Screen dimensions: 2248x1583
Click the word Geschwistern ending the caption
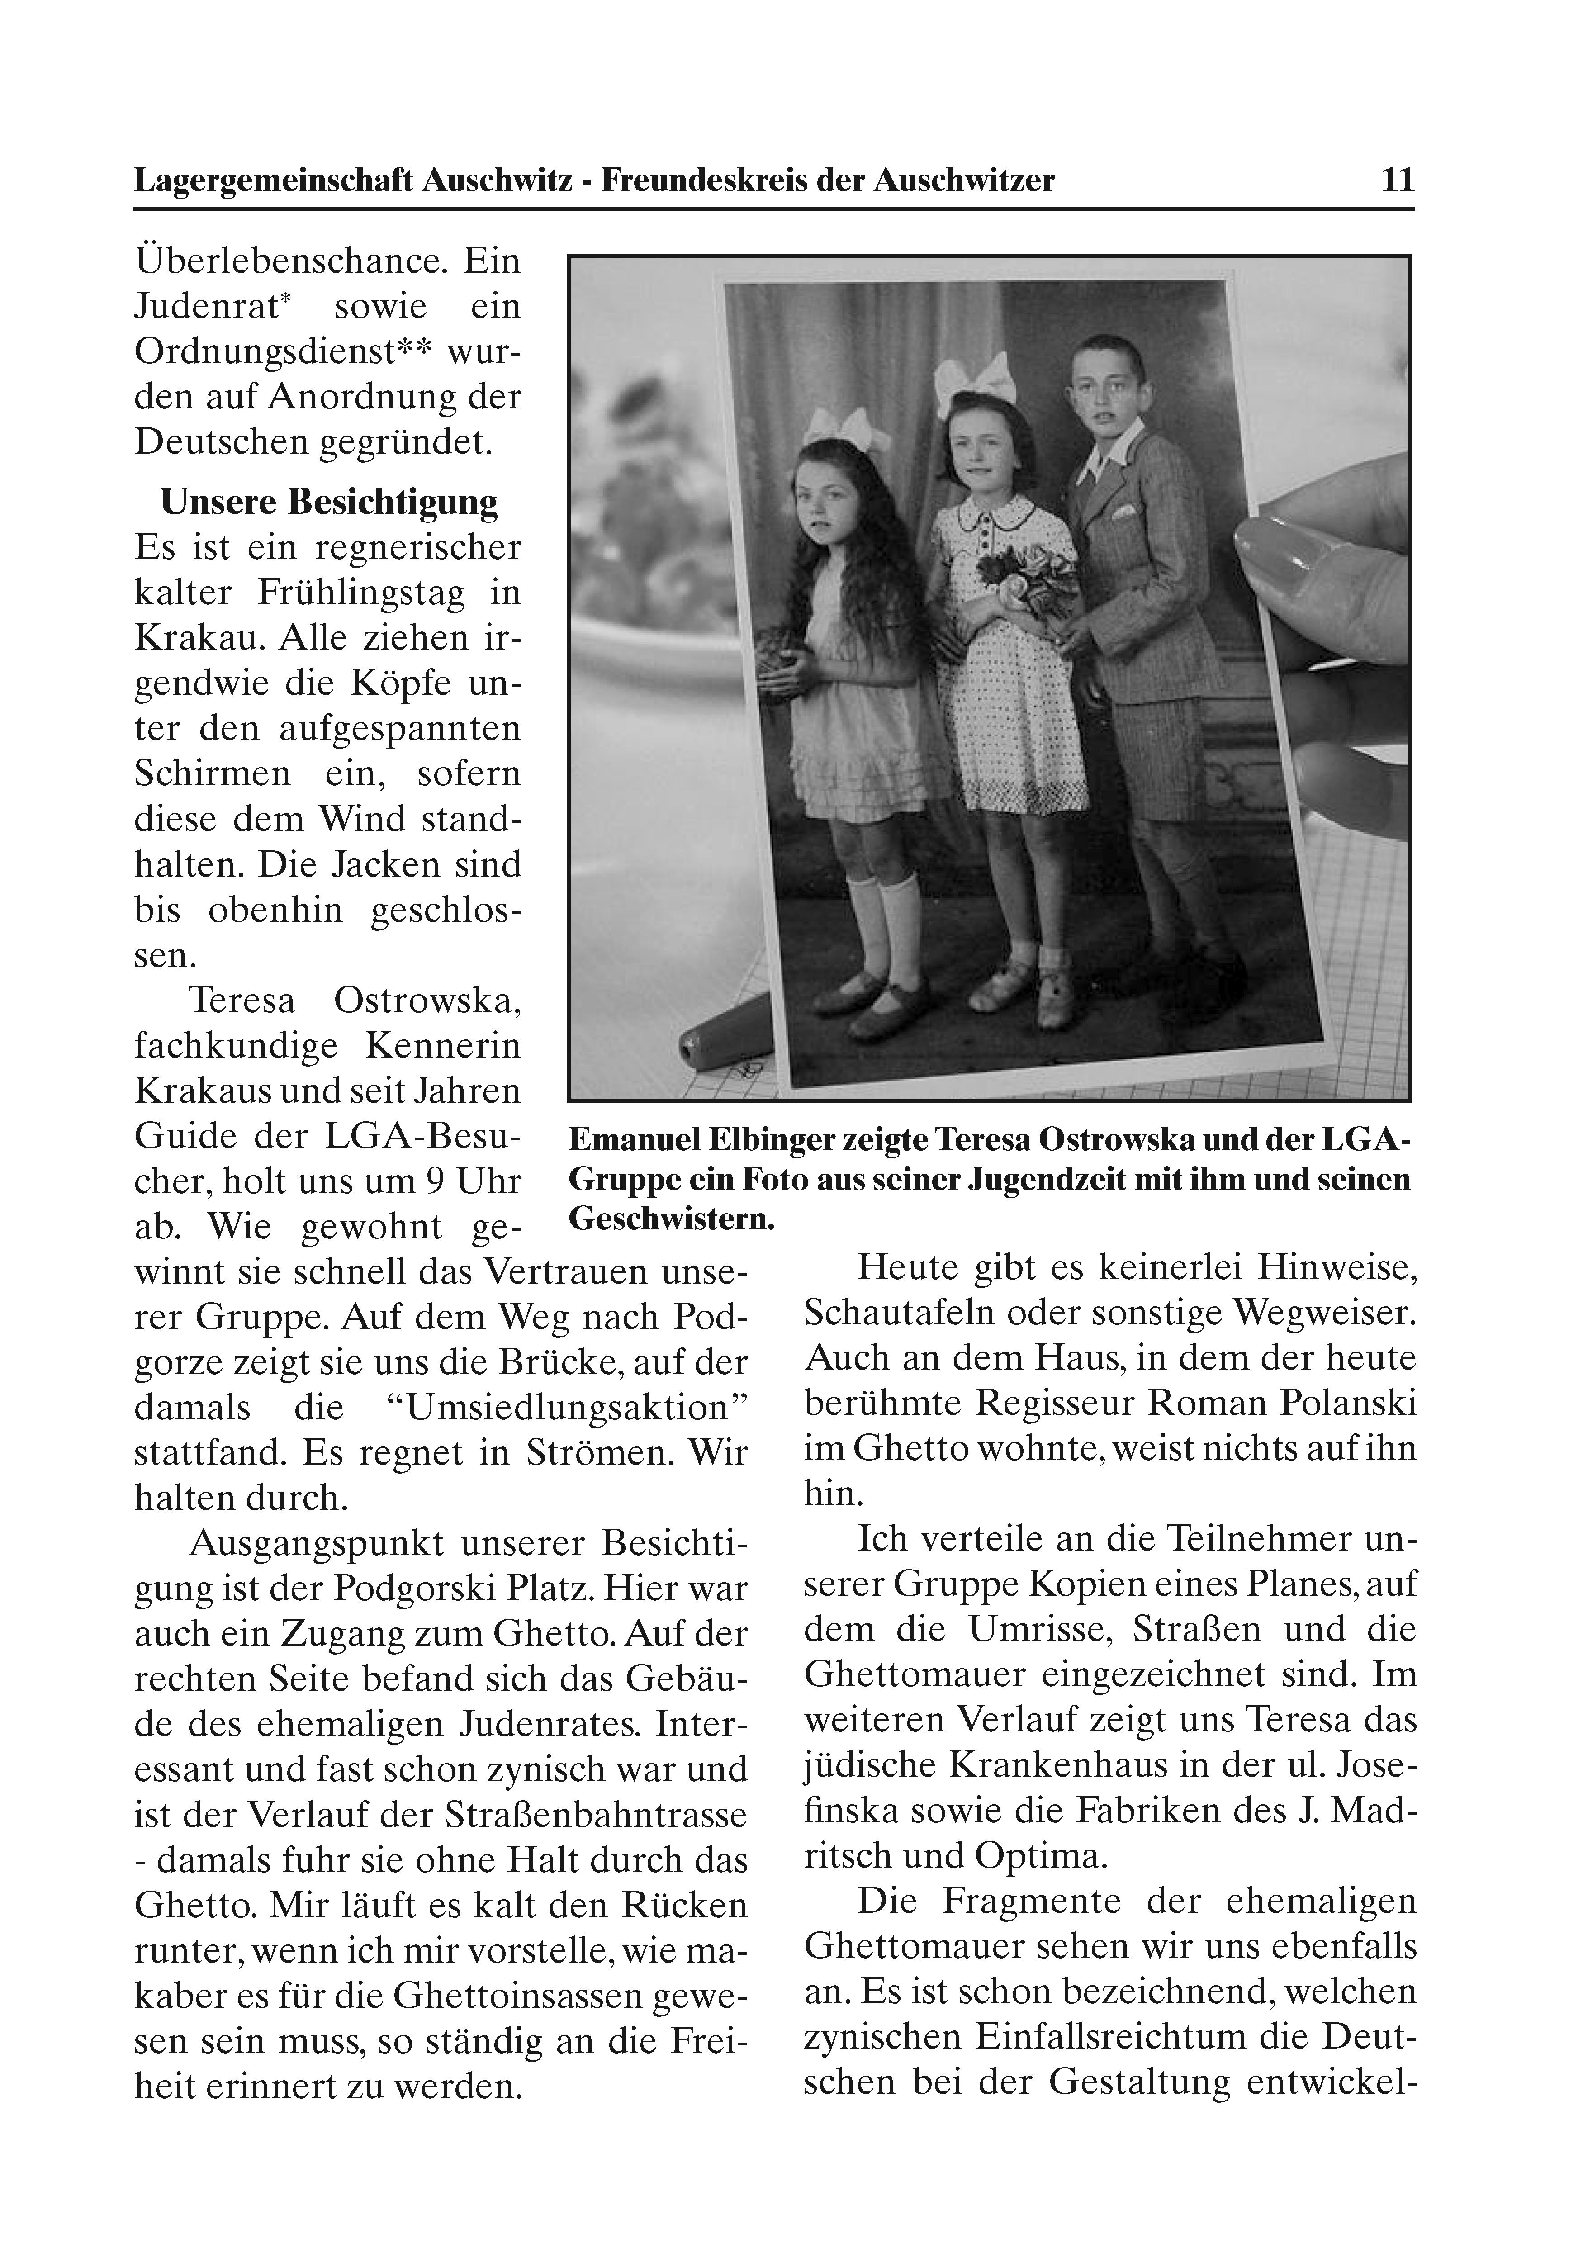coord(672,1220)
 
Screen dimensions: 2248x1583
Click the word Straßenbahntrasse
coord(595,1815)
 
